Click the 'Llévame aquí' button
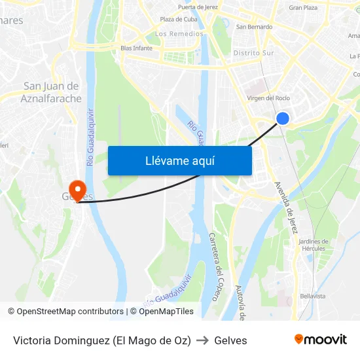179,160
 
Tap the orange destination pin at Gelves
78,191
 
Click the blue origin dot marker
283,118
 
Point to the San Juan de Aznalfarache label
51,92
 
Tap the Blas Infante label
137,48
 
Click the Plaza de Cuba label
179,19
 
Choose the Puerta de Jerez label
198,7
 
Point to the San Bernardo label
254,27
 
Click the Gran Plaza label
303,8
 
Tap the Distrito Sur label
254,52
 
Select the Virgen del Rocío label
268,98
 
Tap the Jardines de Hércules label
313,245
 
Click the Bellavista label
312,296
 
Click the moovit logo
320,340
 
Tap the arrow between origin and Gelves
202,340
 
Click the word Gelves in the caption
230,340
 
